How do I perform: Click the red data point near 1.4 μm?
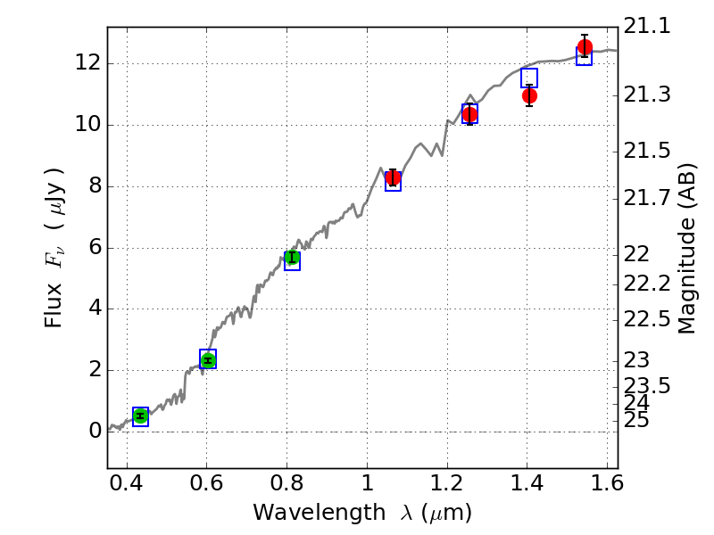(529, 95)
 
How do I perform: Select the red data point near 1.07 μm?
(393, 177)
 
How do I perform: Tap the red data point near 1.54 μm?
(585, 47)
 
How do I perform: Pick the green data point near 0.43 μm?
(140, 416)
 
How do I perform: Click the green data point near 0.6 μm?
(208, 359)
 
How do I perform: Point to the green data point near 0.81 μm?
(292, 259)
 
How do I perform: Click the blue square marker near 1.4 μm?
(529, 78)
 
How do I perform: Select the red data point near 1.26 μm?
(469, 114)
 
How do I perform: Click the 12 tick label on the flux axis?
(87, 63)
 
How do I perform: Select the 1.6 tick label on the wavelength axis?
(606, 487)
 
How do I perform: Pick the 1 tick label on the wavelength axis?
(367, 487)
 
